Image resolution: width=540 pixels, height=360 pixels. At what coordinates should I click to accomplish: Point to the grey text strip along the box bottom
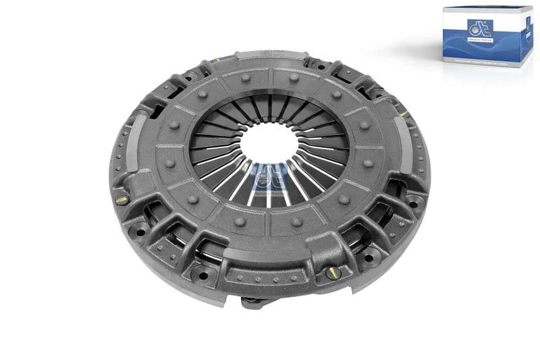[477, 61]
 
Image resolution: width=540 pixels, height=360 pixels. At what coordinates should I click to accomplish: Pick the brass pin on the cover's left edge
[122, 199]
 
